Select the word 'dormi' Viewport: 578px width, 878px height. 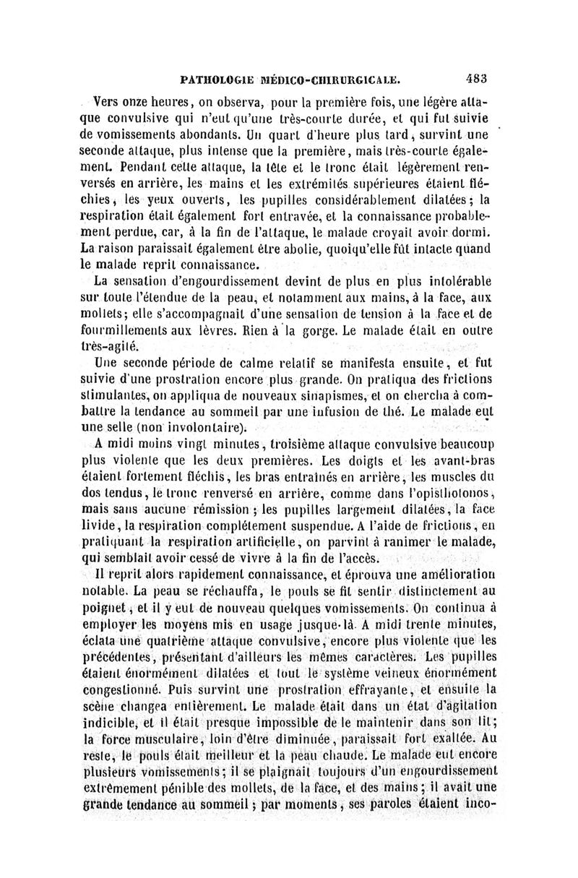(472, 230)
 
